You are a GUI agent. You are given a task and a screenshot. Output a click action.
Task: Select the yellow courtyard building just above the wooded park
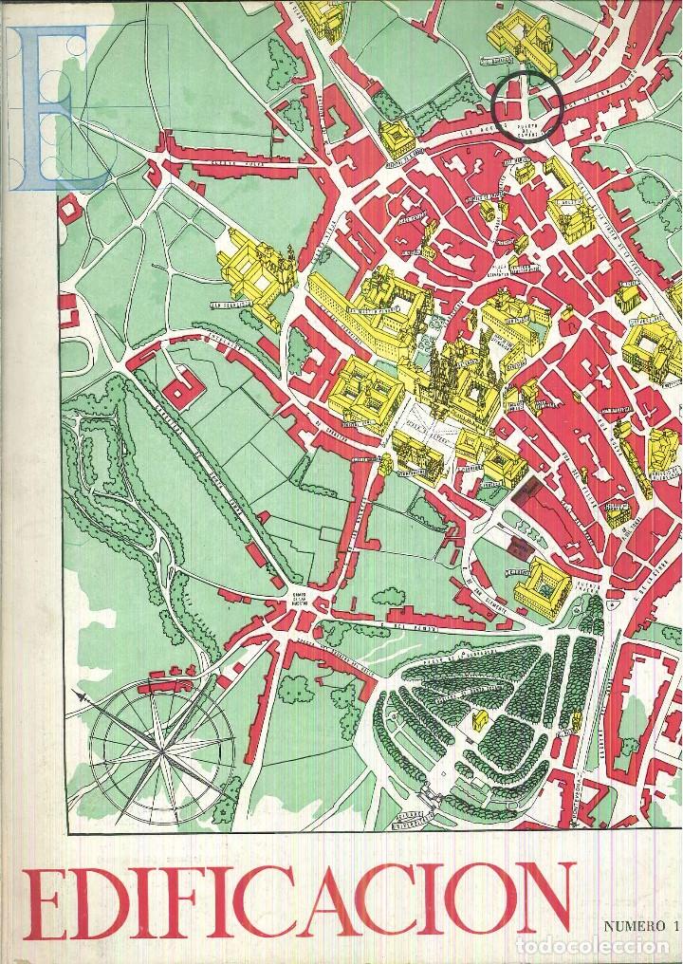tap(542, 584)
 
